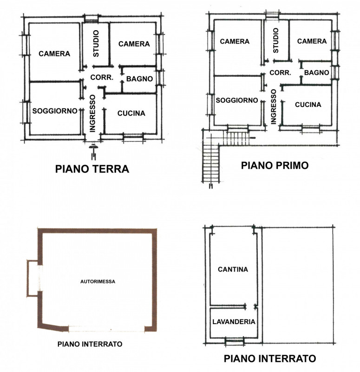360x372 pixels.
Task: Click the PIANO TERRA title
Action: pyautogui.click(x=92, y=169)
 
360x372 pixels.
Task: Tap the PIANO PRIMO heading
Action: pyautogui.click(x=275, y=166)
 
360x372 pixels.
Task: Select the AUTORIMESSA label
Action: pyautogui.click(x=98, y=282)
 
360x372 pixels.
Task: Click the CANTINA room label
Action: pyautogui.click(x=233, y=269)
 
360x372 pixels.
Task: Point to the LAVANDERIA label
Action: pyautogui.click(x=234, y=322)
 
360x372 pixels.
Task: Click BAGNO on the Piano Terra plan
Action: pyautogui.click(x=139, y=79)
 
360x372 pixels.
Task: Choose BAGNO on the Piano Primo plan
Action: pyautogui.click(x=317, y=73)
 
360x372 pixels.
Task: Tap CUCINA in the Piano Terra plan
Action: pyautogui.click(x=131, y=113)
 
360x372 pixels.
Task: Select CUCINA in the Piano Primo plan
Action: pyautogui.click(x=308, y=105)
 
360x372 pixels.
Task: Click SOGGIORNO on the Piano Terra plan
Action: pyautogui.click(x=55, y=111)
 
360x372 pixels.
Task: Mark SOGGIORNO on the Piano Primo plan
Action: pyautogui.click(x=237, y=100)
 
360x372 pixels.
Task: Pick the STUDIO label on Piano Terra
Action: pyautogui.click(x=96, y=43)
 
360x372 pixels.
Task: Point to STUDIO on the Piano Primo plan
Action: pyautogui.click(x=275, y=40)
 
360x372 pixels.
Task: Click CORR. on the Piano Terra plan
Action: pyautogui.click(x=102, y=77)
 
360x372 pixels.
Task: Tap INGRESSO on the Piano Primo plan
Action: pyautogui.click(x=273, y=107)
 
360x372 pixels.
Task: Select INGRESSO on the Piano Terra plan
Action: pyautogui.click(x=92, y=113)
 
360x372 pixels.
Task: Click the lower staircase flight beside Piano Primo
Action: pyautogui.click(x=211, y=163)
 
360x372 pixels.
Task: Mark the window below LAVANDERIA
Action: pyautogui.click(x=235, y=342)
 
